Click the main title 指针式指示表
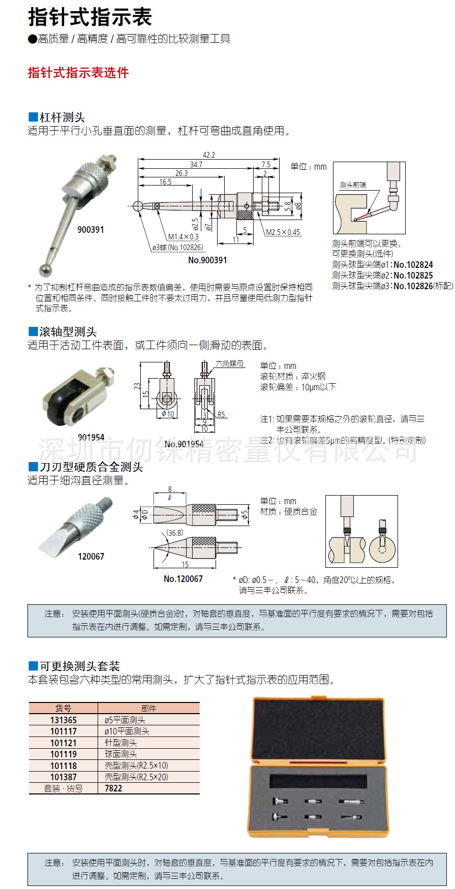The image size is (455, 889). click(x=90, y=17)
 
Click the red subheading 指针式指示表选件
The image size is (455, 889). click(x=78, y=73)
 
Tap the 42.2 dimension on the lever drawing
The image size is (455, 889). click(x=208, y=155)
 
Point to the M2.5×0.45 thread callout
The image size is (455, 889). click(x=283, y=232)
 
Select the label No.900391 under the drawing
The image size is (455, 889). click(x=207, y=260)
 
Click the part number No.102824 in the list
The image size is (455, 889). click(x=413, y=264)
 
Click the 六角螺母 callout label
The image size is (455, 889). click(x=229, y=363)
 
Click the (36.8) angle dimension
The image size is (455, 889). click(x=175, y=533)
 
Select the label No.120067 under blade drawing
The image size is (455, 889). click(x=183, y=579)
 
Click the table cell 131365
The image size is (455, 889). click(x=64, y=720)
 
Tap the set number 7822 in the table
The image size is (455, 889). click(x=113, y=788)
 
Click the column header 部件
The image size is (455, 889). click(x=148, y=709)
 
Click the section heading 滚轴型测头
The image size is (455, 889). click(x=68, y=332)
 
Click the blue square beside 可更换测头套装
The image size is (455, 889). click(x=33, y=666)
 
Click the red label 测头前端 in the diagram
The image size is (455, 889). click(x=352, y=185)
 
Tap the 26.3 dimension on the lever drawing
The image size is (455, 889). click(x=181, y=173)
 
